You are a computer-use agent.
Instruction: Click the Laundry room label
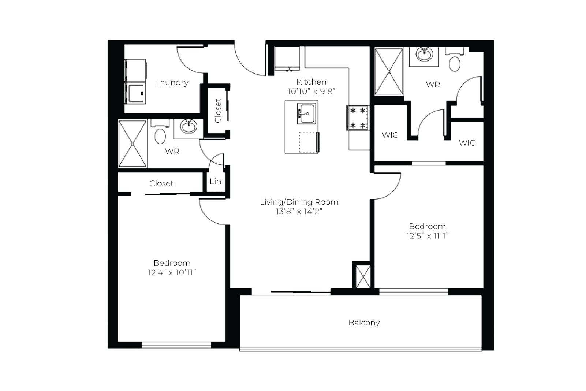172,83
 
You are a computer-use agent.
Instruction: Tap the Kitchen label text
311,82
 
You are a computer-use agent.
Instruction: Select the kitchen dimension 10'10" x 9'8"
311,91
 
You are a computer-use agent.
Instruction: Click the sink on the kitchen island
307,113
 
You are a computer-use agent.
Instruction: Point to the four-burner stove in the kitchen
358,118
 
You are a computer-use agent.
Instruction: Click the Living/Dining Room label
299,202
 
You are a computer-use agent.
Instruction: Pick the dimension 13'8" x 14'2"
299,212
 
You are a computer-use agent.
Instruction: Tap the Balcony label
364,323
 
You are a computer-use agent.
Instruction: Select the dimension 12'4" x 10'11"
172,273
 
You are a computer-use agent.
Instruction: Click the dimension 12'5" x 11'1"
427,236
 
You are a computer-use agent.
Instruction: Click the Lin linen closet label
215,181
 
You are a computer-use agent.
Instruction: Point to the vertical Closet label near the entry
218,111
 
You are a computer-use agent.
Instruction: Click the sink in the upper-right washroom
424,55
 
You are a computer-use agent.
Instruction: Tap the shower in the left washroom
132,144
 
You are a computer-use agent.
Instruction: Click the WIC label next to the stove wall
390,135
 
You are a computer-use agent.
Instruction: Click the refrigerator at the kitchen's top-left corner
287,59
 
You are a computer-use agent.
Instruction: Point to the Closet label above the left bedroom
161,183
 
